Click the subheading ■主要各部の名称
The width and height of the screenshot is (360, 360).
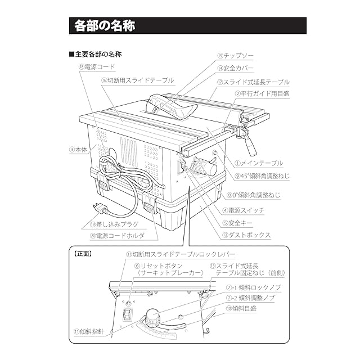95,55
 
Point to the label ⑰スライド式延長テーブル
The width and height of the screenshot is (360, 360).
253,82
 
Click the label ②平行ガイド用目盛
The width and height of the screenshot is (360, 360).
262,94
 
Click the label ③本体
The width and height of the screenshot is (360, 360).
79,150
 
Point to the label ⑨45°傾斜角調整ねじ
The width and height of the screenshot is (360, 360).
263,176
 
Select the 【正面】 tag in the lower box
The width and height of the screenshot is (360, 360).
84,253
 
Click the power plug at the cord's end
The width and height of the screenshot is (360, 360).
102,209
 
